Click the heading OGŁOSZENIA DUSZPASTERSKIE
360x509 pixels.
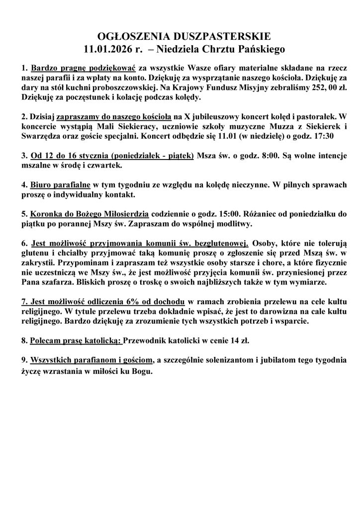pyautogui.click(x=180, y=36)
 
